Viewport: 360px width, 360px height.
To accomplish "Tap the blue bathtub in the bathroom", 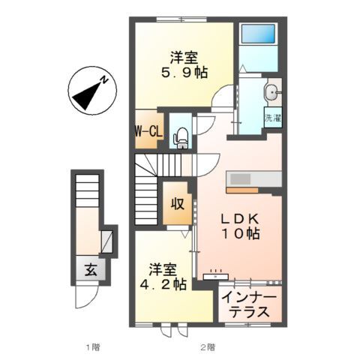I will (259, 36).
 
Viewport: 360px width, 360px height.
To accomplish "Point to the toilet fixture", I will (180, 134).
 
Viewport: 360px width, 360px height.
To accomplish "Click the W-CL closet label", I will (148, 131).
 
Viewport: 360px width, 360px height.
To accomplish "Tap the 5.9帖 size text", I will (184, 73).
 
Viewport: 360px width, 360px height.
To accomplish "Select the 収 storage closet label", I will (177, 204).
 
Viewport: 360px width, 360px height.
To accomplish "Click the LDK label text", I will (239, 218).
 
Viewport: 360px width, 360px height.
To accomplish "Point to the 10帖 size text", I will (239, 234).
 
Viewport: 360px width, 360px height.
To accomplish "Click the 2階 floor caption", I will (208, 347).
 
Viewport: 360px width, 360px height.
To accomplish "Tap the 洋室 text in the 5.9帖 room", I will (184, 56).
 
